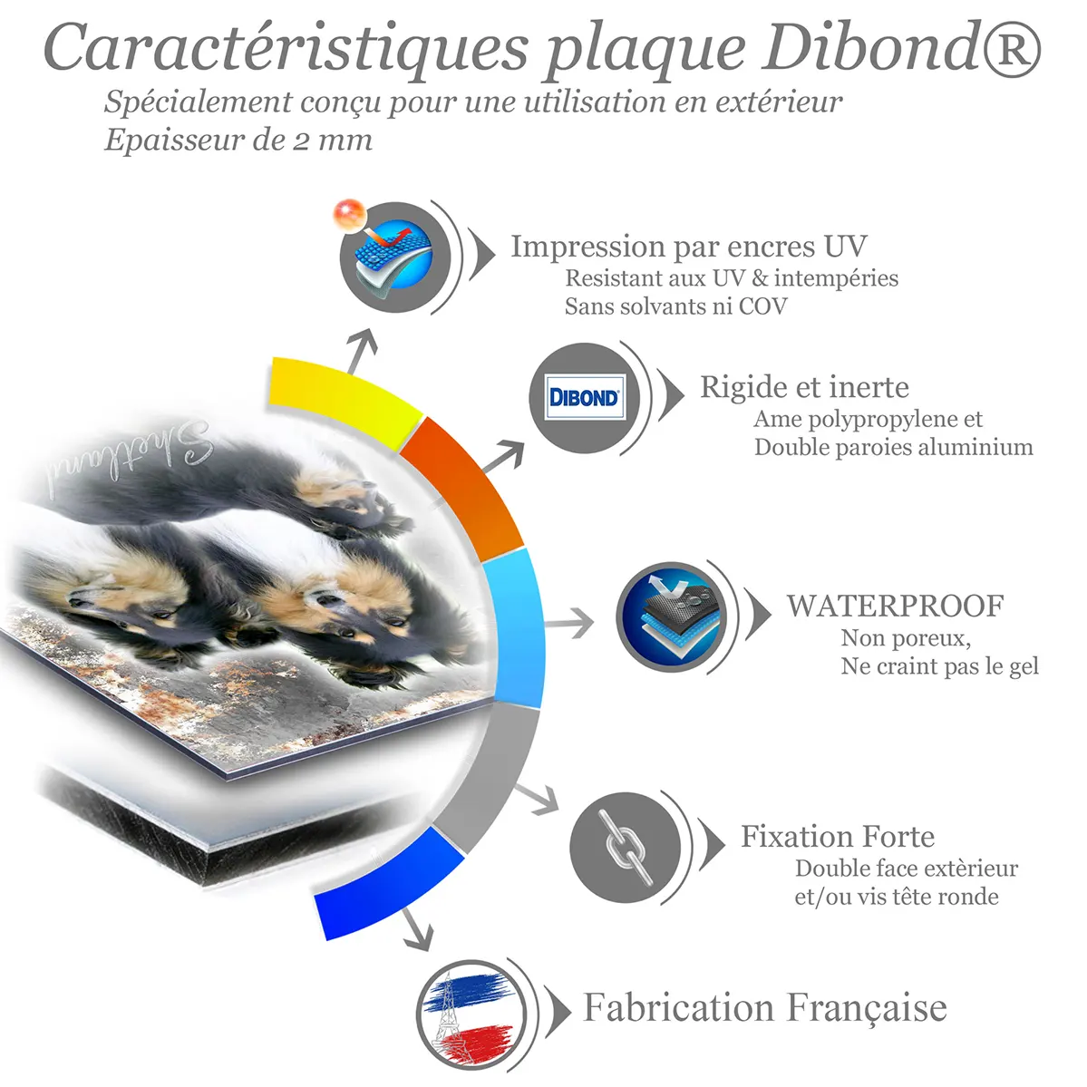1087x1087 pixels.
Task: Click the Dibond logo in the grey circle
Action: click(x=585, y=397)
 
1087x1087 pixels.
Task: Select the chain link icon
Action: click(x=625, y=847)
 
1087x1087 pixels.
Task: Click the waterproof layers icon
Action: click(x=671, y=616)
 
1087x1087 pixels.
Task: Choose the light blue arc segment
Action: click(x=514, y=628)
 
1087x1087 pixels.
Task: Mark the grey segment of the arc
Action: click(x=488, y=776)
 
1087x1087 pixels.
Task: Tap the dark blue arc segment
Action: click(x=388, y=882)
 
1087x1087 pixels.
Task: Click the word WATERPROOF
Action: click(x=895, y=606)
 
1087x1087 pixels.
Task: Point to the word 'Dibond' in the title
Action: click(x=870, y=47)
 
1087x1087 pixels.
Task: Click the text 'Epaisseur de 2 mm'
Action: click(x=238, y=141)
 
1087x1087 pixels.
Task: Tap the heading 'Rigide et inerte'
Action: click(x=804, y=387)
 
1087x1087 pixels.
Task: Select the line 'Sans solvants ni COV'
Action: click(x=676, y=306)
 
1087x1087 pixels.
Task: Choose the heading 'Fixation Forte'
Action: click(x=838, y=836)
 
